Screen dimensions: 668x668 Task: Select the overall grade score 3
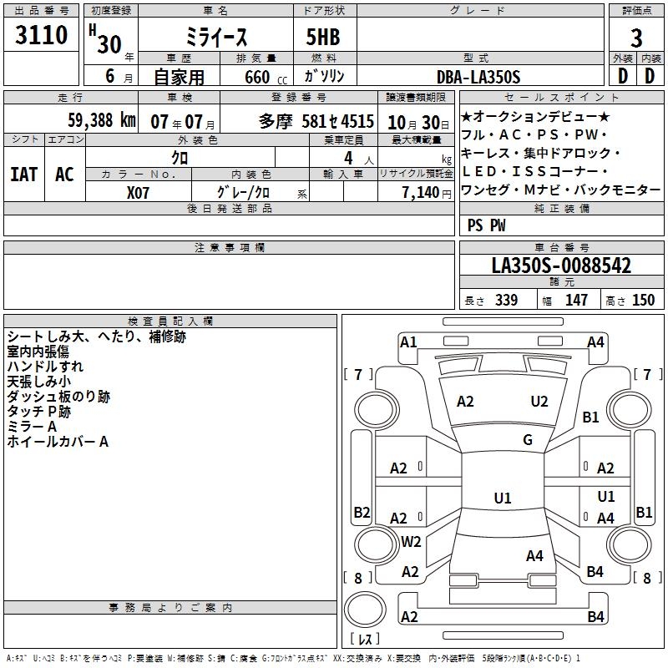[x=636, y=38]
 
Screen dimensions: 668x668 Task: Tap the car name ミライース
[x=215, y=38]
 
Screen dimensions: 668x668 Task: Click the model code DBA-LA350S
[x=479, y=77]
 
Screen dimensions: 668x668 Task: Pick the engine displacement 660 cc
[x=256, y=77]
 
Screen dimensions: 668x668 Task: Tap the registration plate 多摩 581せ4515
[x=316, y=120]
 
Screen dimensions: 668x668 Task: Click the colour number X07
[x=139, y=191]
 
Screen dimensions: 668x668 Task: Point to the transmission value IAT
[x=23, y=175]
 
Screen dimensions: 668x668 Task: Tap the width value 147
[x=576, y=301]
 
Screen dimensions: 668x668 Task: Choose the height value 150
[x=643, y=301]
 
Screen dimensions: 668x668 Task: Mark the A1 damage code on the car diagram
[x=408, y=342]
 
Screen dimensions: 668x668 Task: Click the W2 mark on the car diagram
[x=411, y=541]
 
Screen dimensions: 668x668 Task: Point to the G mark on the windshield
[x=527, y=440]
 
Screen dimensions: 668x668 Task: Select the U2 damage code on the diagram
[x=539, y=402]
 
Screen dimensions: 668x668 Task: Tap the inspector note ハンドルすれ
[x=45, y=367]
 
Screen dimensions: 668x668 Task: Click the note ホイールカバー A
[x=58, y=442]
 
